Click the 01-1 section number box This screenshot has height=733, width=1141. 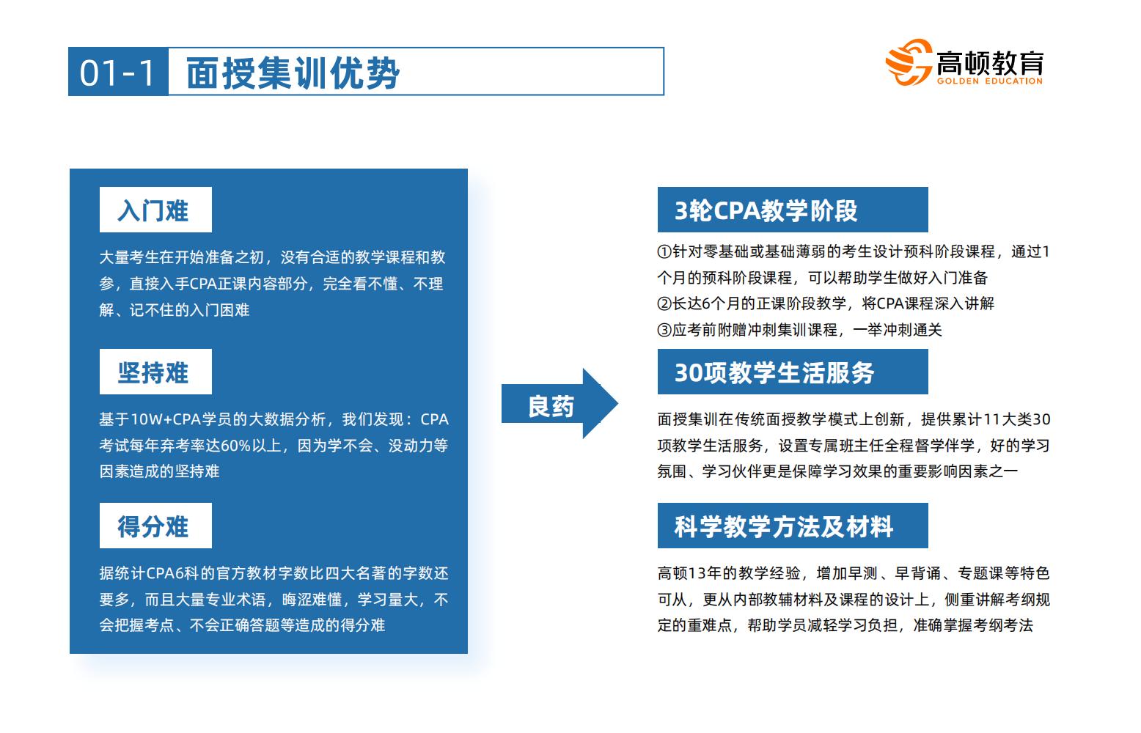118,71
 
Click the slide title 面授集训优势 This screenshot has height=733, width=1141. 293,73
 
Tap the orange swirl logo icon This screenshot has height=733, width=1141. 909,62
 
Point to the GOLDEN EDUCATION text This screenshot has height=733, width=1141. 990,81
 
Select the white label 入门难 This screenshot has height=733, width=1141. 156,210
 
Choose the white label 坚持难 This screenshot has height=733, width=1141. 156,372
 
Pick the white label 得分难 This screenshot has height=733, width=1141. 156,526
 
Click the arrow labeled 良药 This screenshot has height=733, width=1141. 560,404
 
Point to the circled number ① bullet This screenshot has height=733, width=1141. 664,252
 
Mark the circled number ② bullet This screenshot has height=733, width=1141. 664,304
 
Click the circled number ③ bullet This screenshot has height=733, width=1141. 664,331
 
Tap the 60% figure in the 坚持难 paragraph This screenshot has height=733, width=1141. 236,446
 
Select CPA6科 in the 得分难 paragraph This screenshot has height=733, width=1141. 172,574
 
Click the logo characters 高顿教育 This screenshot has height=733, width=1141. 990,63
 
